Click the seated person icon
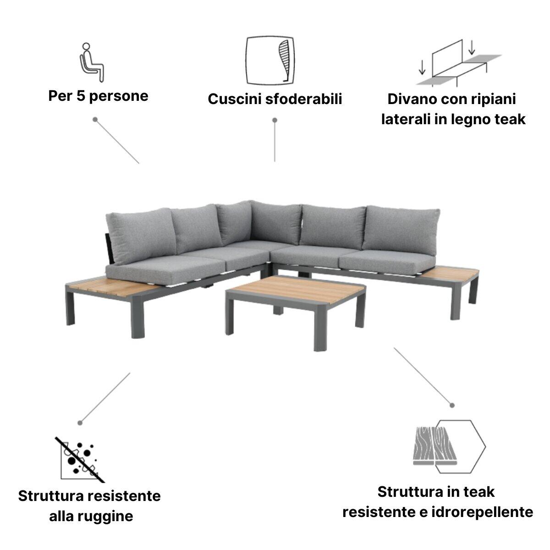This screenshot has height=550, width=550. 92,62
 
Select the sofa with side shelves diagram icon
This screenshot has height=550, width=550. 458,64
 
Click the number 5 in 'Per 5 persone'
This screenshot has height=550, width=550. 77,96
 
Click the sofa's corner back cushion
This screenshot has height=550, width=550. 236,222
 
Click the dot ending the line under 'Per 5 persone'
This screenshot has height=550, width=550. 95,119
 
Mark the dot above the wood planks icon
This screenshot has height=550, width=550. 452,405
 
